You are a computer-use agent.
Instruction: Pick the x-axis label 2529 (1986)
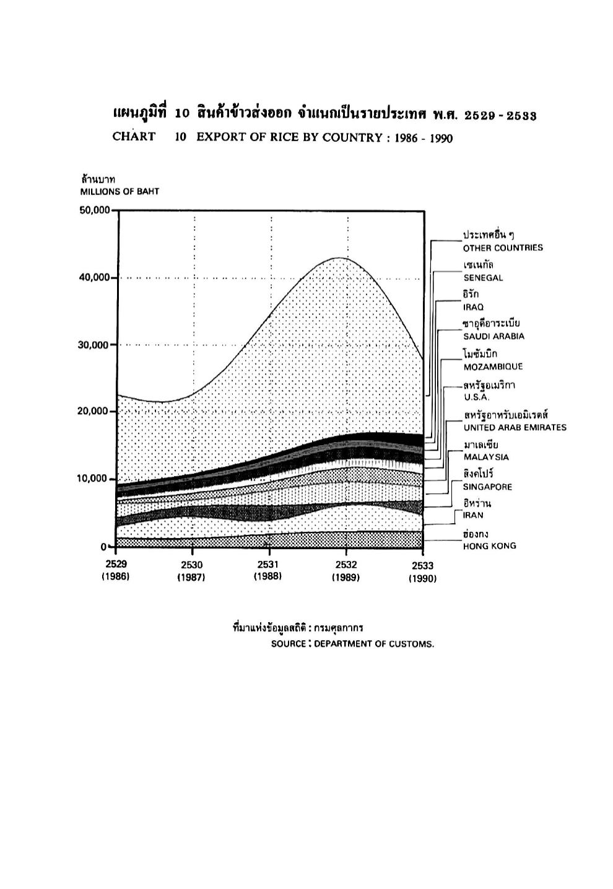pos(115,571)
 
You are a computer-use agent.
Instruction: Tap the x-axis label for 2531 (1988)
pos(268,570)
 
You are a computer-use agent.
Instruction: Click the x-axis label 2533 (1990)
pos(422,572)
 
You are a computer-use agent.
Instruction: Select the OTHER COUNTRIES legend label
pos(503,248)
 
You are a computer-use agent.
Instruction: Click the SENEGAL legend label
pos(483,278)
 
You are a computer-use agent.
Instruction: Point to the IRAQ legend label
pos(473,307)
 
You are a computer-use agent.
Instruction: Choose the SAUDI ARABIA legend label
pos(494,337)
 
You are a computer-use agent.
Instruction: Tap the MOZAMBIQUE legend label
pos(493,366)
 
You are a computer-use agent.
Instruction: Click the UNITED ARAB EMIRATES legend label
pos(515,428)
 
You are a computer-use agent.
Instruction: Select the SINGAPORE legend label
pos(487,487)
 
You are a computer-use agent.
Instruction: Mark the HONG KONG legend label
pos(490,546)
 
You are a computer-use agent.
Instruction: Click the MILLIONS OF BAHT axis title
pos(120,192)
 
